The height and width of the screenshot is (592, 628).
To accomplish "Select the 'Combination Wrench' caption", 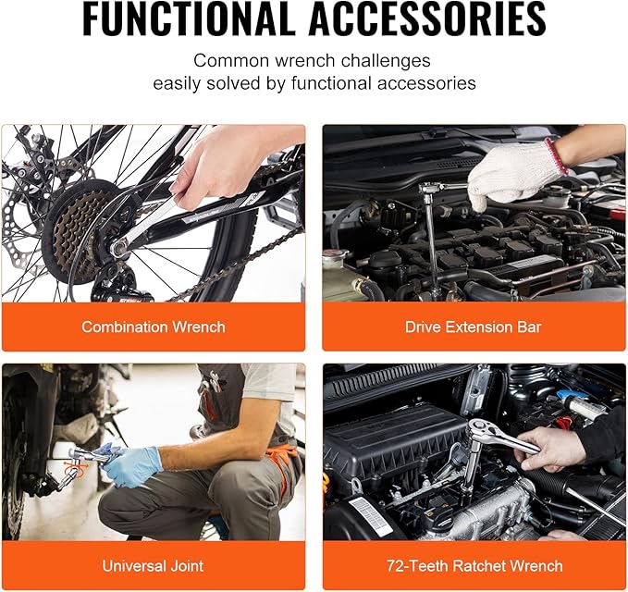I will point(154,327).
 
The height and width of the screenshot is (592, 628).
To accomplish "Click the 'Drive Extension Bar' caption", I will point(473,327).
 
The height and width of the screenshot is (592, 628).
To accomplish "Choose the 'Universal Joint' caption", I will point(154,565).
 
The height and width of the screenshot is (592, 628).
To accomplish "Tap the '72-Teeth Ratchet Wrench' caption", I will point(473,565).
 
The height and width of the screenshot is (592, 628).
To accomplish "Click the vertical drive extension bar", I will point(432,240).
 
